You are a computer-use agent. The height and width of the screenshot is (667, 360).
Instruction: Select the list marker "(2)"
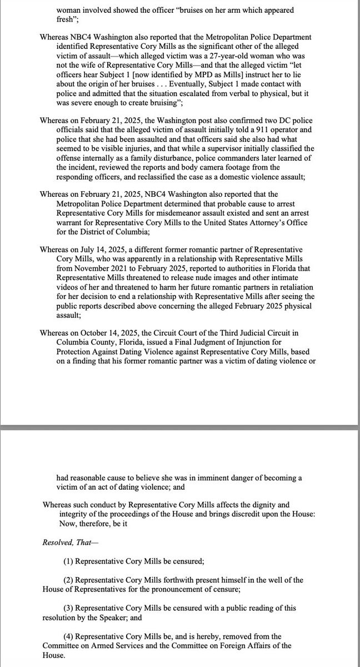(67, 579)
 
